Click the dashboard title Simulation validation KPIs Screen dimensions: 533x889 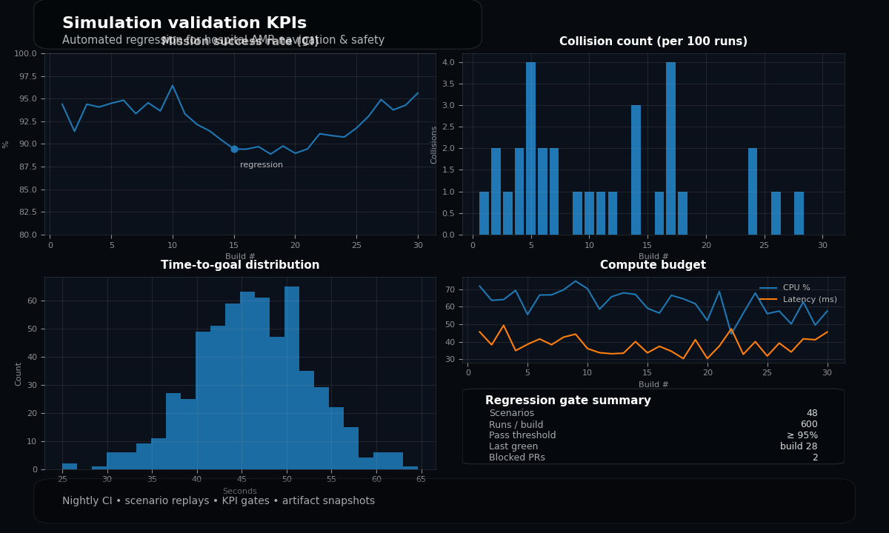coord(184,24)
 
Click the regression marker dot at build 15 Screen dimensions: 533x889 coord(234,149)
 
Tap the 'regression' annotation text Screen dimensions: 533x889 coord(262,165)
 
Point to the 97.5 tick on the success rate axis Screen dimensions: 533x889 coord(26,77)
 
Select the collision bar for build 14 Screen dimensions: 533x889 coord(636,170)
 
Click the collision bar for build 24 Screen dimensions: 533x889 coord(753,192)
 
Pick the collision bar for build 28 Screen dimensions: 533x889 coord(799,213)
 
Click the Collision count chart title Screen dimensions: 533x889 coord(653,42)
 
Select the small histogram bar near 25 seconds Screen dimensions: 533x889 coord(70,466)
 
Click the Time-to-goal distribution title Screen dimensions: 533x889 coord(240,266)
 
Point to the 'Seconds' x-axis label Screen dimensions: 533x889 coord(240,492)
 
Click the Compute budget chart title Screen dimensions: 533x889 coord(653,266)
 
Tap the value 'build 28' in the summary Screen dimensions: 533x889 coord(799,446)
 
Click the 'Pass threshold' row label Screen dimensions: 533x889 coord(522,436)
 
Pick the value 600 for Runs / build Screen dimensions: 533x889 coord(809,425)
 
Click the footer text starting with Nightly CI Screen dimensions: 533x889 coord(219,501)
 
